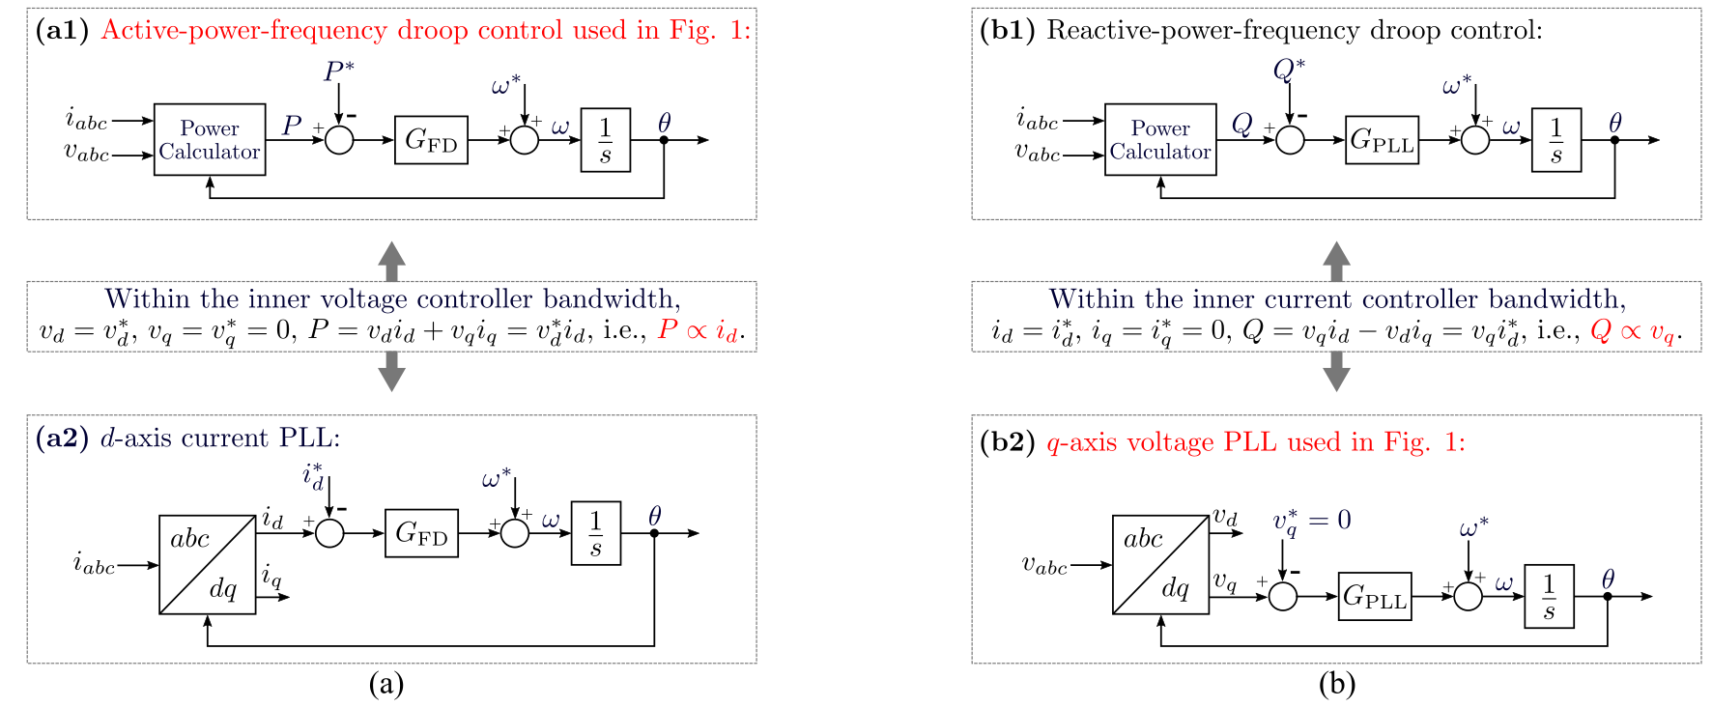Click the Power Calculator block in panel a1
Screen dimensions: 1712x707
coord(210,140)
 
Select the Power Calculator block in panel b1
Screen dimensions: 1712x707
coord(1160,140)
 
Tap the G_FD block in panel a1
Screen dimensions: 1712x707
coord(431,140)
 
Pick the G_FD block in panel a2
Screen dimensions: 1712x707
coord(421,533)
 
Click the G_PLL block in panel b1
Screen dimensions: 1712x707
coord(1382,140)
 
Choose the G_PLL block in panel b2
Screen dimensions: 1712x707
coord(1375,596)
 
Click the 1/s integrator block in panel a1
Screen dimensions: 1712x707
coord(606,140)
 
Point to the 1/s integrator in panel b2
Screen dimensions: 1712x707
coord(1550,596)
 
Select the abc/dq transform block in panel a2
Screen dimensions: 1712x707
coord(208,565)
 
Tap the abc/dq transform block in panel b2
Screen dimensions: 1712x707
coord(1160,565)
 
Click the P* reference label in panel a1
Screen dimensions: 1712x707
coord(338,71)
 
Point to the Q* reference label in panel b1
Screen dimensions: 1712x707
coord(1289,70)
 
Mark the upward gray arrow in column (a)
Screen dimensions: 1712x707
coord(391,261)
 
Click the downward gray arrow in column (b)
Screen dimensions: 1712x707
coord(1336,372)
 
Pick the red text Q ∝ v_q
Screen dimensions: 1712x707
coord(1636,331)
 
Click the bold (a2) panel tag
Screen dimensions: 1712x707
coord(62,438)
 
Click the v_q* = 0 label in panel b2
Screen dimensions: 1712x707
coord(1312,523)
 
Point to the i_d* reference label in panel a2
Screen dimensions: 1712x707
coord(313,476)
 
